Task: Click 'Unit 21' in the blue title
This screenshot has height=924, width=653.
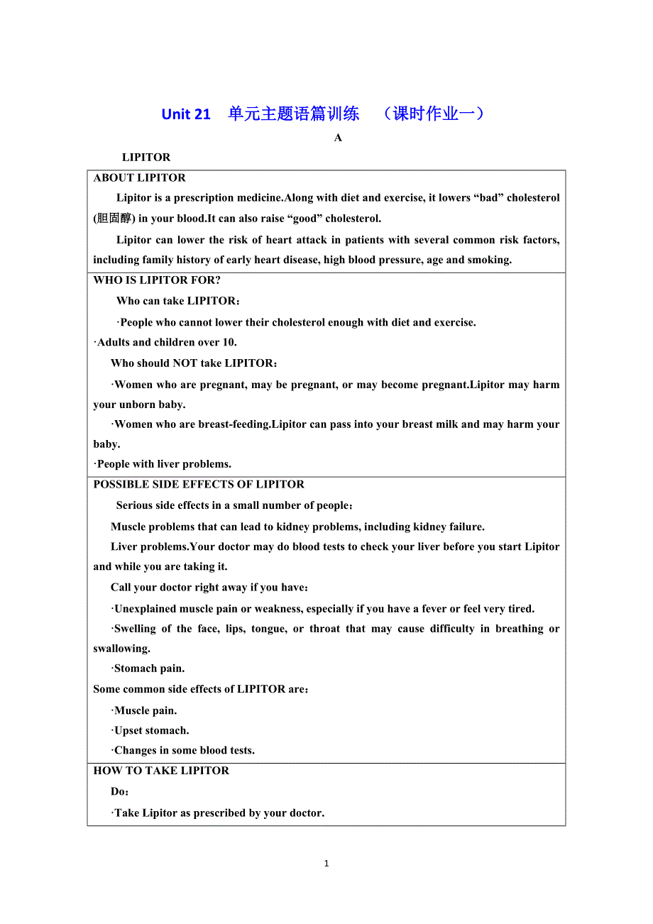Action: pos(186,114)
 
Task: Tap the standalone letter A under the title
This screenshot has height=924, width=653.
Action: pos(338,138)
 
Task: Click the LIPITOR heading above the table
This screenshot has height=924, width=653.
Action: pos(146,158)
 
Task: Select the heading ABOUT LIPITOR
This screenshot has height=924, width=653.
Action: pos(140,178)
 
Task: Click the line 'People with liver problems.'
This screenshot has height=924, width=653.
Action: pos(163,464)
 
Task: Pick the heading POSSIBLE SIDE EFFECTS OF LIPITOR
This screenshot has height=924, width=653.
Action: pos(199,485)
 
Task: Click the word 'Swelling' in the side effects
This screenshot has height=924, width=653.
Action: pos(134,629)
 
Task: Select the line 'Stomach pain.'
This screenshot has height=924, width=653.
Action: pos(149,669)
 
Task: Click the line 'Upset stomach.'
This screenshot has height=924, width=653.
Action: pos(151,731)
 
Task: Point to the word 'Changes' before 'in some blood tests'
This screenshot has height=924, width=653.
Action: pos(134,751)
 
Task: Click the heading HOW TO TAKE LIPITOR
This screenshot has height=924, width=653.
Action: pos(161,771)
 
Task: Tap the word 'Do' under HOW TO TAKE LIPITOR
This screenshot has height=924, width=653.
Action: pos(119,792)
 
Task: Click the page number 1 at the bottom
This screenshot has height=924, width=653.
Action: pos(326,864)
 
